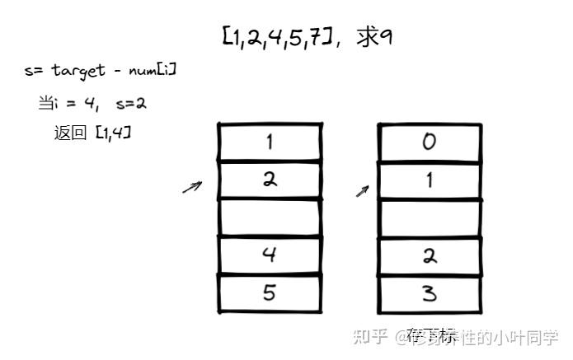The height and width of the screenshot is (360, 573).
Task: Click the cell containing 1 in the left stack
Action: (x=269, y=142)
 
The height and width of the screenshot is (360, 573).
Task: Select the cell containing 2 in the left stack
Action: (x=269, y=180)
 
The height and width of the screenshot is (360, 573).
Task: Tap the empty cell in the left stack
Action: (x=269, y=217)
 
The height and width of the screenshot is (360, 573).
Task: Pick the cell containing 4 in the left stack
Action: (x=269, y=255)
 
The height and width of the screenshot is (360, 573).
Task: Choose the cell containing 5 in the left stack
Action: (x=269, y=293)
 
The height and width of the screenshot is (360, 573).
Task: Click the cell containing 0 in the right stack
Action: (x=429, y=142)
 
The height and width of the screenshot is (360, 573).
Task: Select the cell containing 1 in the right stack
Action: (x=429, y=180)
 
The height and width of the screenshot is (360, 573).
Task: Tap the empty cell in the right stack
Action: (x=429, y=217)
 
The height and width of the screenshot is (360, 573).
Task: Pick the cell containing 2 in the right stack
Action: (x=429, y=255)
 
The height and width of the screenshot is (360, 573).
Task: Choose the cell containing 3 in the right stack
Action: (x=429, y=293)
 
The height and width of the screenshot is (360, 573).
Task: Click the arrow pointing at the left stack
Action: (x=191, y=188)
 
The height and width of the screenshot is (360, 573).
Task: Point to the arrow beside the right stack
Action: (x=362, y=190)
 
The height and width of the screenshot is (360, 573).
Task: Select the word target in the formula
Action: (x=77, y=71)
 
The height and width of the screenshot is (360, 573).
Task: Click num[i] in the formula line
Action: (x=152, y=71)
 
